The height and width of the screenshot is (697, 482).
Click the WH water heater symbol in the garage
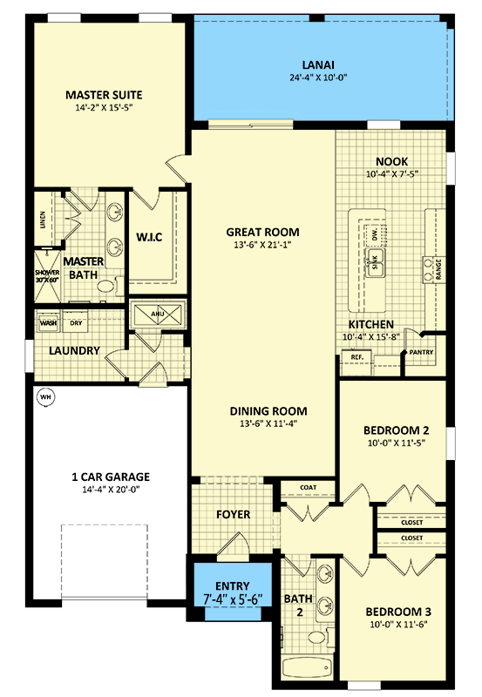45,397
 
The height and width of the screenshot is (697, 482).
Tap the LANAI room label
318,64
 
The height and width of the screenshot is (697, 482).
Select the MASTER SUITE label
104,95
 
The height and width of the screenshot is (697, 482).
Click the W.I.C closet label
149,237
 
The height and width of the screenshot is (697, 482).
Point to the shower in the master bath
47,276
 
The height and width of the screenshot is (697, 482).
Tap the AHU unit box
159,315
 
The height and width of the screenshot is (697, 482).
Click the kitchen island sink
376,263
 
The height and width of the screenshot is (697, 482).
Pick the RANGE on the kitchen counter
433,269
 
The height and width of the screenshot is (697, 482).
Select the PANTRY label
421,352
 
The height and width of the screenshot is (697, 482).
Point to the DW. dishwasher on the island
375,235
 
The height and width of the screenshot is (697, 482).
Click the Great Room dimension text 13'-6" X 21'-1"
262,245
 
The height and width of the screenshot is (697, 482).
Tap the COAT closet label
309,487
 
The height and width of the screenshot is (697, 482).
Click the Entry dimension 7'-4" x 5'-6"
233,599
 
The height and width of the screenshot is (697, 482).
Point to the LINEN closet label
43,220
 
